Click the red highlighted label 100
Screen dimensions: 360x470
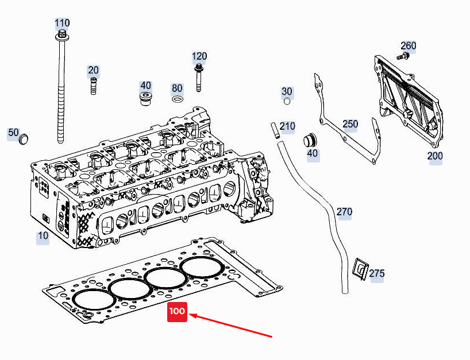click(x=177, y=312)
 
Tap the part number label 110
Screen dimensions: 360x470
click(x=62, y=24)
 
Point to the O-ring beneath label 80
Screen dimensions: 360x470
click(x=178, y=100)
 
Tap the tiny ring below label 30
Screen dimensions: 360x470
click(x=287, y=103)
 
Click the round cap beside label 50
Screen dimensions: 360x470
click(x=24, y=140)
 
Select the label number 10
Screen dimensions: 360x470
click(x=43, y=236)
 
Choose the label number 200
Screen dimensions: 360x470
click(x=435, y=156)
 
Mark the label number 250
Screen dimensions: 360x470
click(x=350, y=124)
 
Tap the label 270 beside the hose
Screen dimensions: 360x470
click(x=344, y=212)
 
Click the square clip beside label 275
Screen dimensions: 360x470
click(x=361, y=270)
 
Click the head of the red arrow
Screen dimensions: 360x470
click(x=192, y=315)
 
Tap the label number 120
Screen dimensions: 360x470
click(x=199, y=56)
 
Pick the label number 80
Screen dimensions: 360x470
click(x=177, y=88)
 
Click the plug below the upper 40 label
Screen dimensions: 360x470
click(x=146, y=98)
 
